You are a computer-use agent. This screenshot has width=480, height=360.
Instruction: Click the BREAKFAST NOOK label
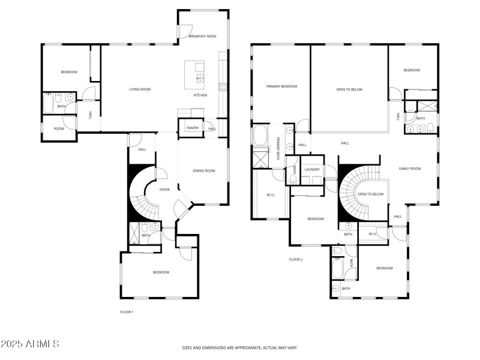click(x=202, y=37)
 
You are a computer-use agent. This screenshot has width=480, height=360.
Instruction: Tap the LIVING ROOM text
click(x=140, y=89)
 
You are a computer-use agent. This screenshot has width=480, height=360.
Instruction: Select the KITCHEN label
click(x=200, y=95)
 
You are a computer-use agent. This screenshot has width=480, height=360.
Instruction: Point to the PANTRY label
click(x=193, y=128)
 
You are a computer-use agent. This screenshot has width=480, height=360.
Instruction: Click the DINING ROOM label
click(x=204, y=171)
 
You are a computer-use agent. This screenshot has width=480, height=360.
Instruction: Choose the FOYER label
click(x=164, y=190)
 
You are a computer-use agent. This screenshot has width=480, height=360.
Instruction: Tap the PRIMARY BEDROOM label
click(x=281, y=86)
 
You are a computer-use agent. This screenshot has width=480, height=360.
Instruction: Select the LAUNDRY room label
click(x=312, y=169)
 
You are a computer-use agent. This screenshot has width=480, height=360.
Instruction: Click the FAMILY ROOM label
click(x=410, y=169)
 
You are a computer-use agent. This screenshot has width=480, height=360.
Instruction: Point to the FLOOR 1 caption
click(x=127, y=312)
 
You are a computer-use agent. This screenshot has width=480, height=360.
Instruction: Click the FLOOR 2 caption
click(x=296, y=259)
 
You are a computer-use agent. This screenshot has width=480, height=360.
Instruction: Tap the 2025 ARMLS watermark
click(x=29, y=344)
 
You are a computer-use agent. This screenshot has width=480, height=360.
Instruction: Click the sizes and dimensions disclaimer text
click(x=240, y=347)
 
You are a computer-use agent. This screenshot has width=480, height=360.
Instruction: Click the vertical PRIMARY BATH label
click(x=278, y=148)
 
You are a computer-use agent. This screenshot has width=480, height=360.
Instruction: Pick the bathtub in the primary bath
click(x=261, y=136)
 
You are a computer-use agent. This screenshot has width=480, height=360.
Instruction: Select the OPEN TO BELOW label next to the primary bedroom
click(x=349, y=89)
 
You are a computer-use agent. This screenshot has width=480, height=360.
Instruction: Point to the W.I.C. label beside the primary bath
click(x=271, y=194)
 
